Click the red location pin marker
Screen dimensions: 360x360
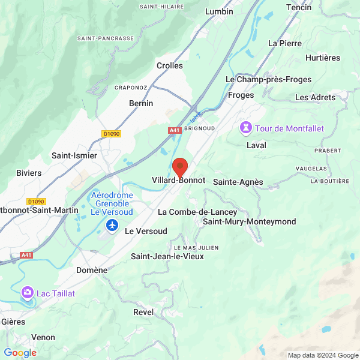pyautogui.click(x=179, y=166)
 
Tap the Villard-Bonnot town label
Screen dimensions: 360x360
pyautogui.click(x=179, y=181)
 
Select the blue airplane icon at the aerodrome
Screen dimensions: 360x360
pyautogui.click(x=112, y=225)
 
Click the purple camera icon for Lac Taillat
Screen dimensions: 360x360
pyautogui.click(x=27, y=293)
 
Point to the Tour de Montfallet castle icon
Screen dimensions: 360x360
pyautogui.click(x=245, y=128)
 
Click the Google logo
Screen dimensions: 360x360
pyautogui.click(x=20, y=353)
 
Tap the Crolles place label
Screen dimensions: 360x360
pyautogui.click(x=170, y=66)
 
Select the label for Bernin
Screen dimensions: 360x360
pyautogui.click(x=141, y=103)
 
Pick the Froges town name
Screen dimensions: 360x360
pyautogui.click(x=241, y=95)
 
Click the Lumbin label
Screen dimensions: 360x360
pyautogui.click(x=219, y=11)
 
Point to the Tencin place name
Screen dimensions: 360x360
pyautogui.click(x=299, y=7)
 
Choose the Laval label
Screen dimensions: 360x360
pyautogui.click(x=256, y=145)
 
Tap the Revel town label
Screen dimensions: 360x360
pyautogui.click(x=143, y=312)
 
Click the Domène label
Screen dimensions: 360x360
pyautogui.click(x=92, y=270)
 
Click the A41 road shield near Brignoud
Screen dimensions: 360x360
pyautogui.click(x=175, y=130)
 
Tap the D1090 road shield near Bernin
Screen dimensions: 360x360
pyautogui.click(x=112, y=134)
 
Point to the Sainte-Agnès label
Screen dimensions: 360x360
pyautogui.click(x=238, y=182)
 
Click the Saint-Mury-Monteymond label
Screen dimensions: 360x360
pyautogui.click(x=250, y=222)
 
